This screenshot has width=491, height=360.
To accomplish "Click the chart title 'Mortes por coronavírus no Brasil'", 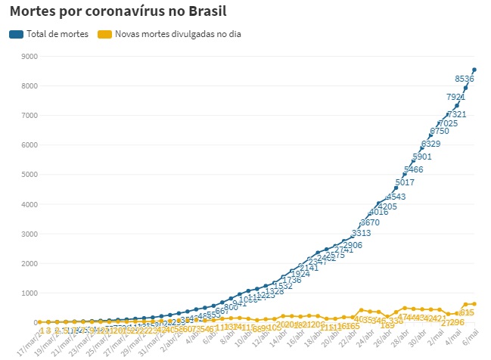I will [118, 12].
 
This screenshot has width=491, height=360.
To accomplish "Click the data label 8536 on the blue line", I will [465, 79].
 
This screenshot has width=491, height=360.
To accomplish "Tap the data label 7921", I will [455, 97].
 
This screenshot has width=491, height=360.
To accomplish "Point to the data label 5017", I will [405, 182].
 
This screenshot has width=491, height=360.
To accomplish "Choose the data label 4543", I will [396, 197].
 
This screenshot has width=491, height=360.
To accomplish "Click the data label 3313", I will [361, 233].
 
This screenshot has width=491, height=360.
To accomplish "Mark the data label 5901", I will [422, 157].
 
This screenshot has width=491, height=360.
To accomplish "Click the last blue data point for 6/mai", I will [474, 70].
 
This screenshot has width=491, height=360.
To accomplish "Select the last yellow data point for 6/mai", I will [474, 304].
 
